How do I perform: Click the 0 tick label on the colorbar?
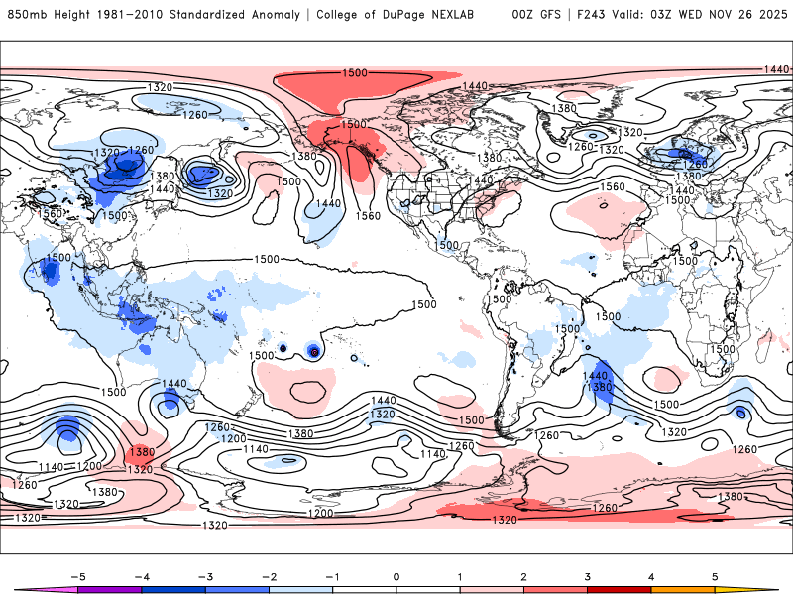tap(396, 576)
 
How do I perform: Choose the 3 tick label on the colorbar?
tap(587, 576)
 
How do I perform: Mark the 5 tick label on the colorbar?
tap(715, 576)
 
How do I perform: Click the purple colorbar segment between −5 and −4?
tap(110, 590)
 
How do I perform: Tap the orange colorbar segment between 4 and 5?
tap(683, 590)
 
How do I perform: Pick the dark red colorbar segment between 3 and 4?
tap(620, 590)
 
